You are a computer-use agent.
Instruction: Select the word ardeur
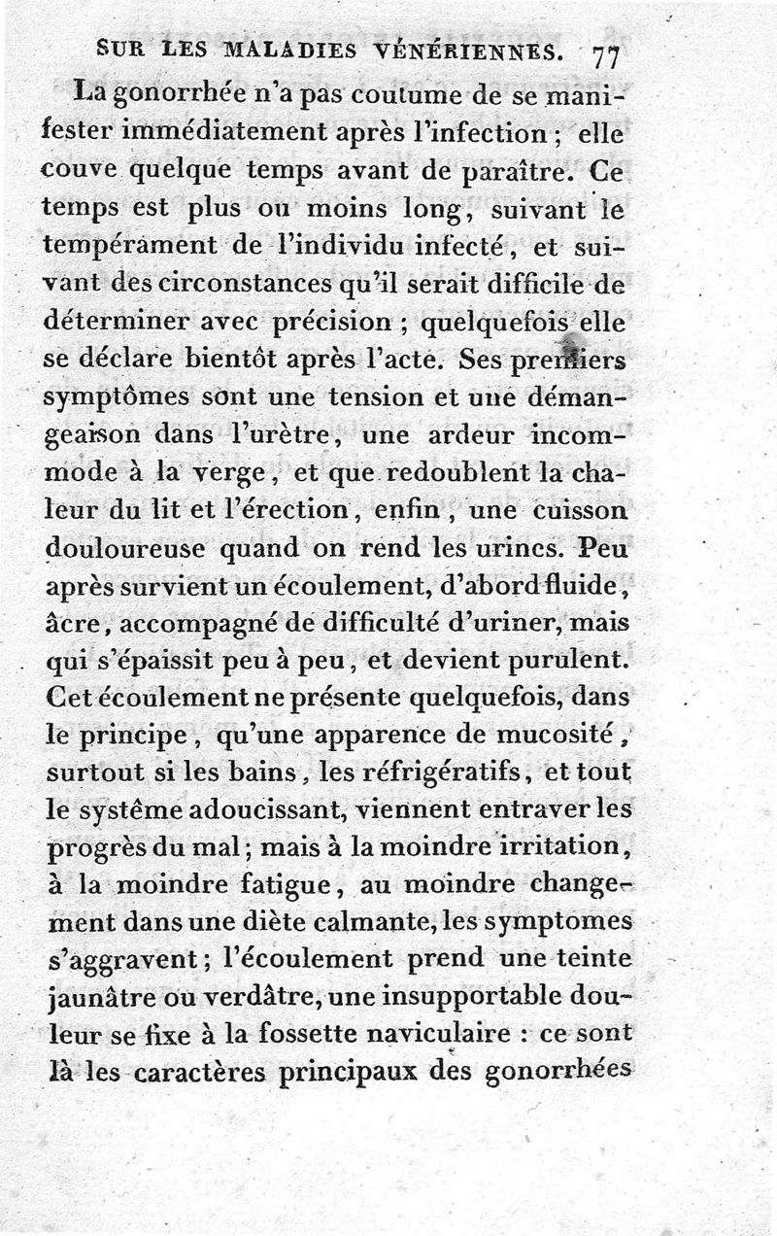[x=455, y=435]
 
